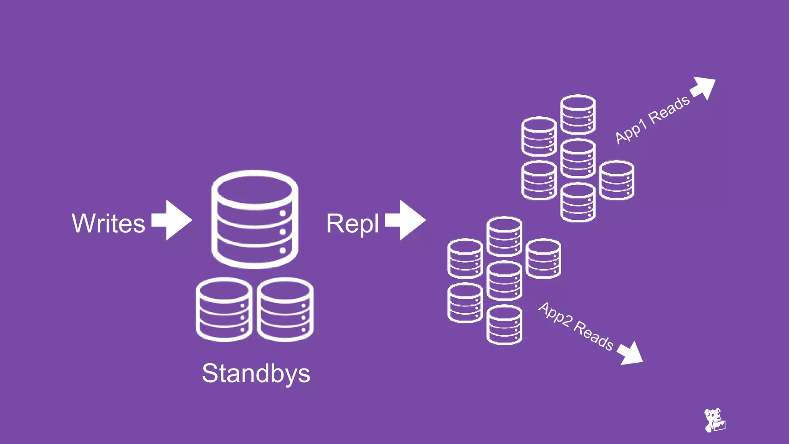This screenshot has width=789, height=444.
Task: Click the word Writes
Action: [108, 223]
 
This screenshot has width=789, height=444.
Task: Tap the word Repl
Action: [353, 224]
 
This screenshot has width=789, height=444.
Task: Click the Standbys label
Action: [256, 373]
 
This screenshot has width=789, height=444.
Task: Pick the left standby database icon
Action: [224, 309]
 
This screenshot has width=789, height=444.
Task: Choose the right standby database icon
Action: [285, 309]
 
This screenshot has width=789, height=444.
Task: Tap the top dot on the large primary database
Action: [282, 213]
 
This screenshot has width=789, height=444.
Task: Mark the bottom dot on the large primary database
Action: [282, 251]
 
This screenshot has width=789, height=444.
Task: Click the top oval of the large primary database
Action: [254, 190]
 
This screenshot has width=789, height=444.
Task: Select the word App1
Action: [630, 132]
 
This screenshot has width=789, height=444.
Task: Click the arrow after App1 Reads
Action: [703, 88]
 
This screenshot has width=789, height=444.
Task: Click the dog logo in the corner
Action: [714, 420]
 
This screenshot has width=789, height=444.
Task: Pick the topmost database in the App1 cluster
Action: [577, 114]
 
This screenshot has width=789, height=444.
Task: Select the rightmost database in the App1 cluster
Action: [616, 180]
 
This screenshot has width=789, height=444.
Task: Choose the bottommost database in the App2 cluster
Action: [504, 325]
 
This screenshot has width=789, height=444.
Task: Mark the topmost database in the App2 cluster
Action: [504, 236]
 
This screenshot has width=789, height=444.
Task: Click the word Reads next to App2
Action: [594, 336]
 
